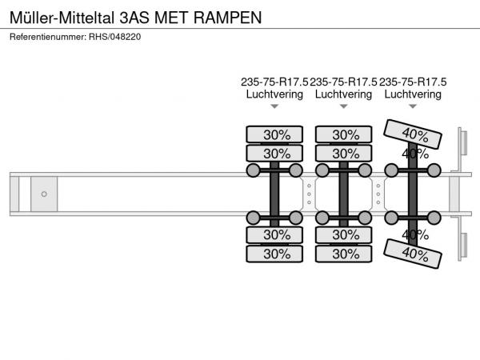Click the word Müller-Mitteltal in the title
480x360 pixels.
click(62, 18)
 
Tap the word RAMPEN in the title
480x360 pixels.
click(228, 18)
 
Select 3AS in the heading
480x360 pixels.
click(134, 18)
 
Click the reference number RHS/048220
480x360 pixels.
click(114, 37)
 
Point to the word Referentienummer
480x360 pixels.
click(48, 37)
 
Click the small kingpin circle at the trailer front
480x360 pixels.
click(44, 194)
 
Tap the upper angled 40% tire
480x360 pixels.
click(413, 134)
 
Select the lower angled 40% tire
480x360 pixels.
click(413, 254)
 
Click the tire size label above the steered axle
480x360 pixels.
click(413, 82)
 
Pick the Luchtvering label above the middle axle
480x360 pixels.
click(343, 94)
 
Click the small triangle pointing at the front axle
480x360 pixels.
click(274, 106)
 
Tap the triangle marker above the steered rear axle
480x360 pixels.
click(413, 106)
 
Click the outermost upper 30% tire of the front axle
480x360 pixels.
click(274, 134)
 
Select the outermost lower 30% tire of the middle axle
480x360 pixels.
click(343, 254)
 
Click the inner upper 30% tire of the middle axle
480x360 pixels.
click(343, 154)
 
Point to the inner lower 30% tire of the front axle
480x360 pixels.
click(274, 234)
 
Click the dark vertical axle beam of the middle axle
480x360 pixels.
click(343, 194)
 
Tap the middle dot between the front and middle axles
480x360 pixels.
click(309, 194)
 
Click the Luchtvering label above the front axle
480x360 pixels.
click(274, 94)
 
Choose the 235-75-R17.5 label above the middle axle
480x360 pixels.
click(343, 82)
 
